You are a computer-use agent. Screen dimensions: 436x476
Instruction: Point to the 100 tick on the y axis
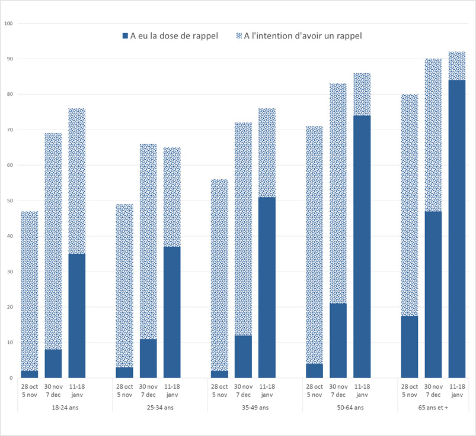click(8, 24)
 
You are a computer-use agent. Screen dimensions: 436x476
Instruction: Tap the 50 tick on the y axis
click(9, 201)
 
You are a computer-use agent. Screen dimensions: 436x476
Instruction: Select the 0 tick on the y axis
click(11, 378)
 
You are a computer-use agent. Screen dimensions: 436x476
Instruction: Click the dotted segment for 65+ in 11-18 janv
click(456, 66)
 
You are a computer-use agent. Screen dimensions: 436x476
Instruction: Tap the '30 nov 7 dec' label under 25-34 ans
click(148, 390)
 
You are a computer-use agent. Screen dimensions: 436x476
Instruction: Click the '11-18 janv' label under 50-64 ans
click(362, 390)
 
